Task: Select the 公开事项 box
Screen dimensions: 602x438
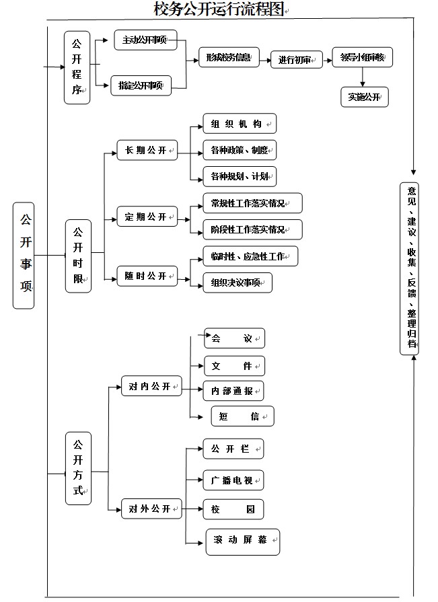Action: click(24, 255)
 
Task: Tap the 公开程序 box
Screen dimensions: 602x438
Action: click(77, 68)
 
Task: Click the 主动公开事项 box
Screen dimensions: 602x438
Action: click(145, 40)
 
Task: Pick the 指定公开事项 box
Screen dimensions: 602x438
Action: click(142, 85)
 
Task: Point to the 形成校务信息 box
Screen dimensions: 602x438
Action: click(229, 59)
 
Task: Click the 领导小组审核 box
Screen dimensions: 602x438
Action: click(363, 58)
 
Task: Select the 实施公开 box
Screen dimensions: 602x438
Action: click(365, 97)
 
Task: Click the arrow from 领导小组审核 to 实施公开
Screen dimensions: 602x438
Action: click(363, 77)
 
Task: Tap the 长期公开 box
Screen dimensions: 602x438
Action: click(147, 150)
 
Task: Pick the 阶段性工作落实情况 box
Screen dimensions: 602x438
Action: click(252, 229)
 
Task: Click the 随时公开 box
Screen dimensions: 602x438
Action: click(147, 276)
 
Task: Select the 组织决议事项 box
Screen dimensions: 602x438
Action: click(237, 283)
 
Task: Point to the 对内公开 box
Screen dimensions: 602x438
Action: click(151, 386)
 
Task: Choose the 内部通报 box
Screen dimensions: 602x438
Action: click(233, 391)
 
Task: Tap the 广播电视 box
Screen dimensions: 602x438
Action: click(233, 480)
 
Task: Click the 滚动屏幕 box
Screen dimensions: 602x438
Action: click(242, 541)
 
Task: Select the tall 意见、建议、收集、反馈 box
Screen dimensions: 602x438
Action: click(409, 267)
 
